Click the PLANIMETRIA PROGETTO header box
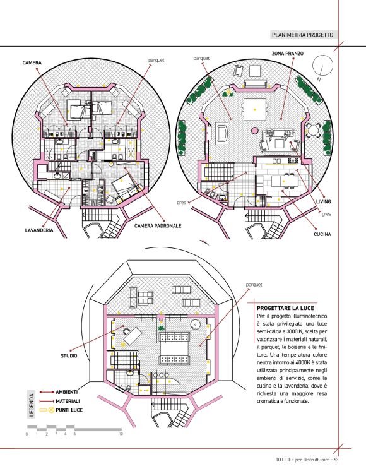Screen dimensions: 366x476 [302, 35]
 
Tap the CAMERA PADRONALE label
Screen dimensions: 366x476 [158, 226]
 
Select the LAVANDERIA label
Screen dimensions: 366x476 [39, 230]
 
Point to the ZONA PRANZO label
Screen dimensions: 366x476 [288, 54]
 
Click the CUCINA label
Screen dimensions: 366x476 [322, 234]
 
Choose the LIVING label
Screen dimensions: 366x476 [324, 201]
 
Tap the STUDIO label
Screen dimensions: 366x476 [69, 356]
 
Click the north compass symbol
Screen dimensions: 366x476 [322, 66]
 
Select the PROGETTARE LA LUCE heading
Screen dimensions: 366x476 [285, 308]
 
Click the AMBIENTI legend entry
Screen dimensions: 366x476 [66, 392]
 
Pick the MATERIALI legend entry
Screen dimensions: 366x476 [68, 401]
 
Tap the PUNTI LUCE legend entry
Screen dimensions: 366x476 [69, 410]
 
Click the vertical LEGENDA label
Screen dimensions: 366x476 [32, 405]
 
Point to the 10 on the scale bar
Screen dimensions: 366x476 [121, 434]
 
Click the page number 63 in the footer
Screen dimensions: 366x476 [336, 460]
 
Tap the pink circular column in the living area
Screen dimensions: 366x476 [254, 131]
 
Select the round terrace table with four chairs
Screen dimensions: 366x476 [314, 131]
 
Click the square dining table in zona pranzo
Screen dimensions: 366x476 [254, 110]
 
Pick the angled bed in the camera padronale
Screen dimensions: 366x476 [126, 187]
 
